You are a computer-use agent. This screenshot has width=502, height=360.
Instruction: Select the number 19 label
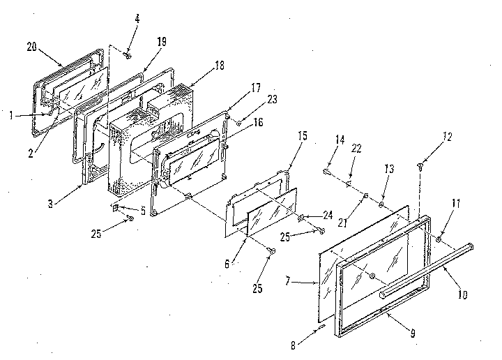161,43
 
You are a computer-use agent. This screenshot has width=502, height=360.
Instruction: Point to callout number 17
255,89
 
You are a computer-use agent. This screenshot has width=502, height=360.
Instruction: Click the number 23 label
271,99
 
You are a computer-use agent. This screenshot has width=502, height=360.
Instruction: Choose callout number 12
446,137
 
